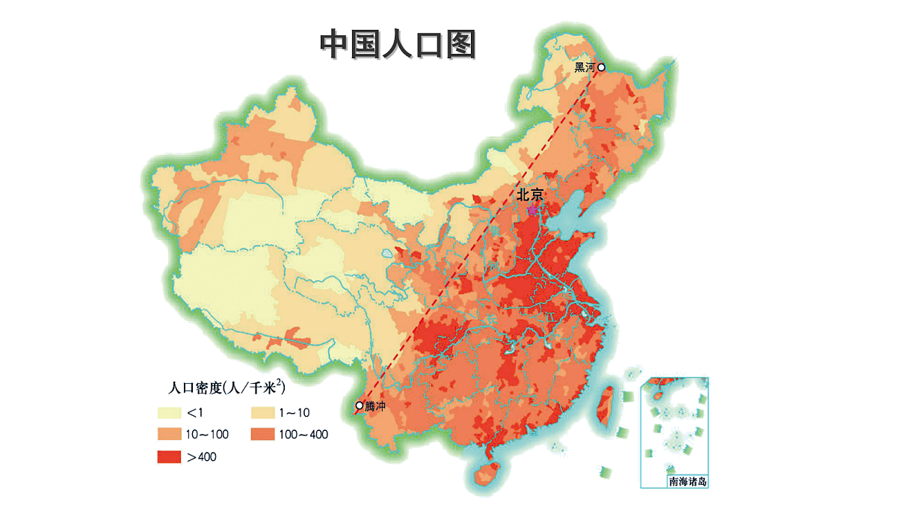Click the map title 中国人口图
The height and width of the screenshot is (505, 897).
tap(398, 45)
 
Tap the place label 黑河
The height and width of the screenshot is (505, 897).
tap(584, 67)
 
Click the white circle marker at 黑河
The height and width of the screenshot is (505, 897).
tap(600, 67)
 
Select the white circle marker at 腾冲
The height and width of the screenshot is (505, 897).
tap(360, 405)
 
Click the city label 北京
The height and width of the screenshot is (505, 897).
tap(530, 195)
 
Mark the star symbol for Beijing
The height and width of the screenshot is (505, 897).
tap(531, 211)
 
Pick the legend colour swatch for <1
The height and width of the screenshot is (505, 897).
tap(169, 412)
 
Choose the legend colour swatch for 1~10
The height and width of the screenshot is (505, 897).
tap(262, 412)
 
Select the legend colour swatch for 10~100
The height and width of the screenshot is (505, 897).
tap(169, 434)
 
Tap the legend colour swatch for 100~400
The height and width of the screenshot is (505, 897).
tap(262, 434)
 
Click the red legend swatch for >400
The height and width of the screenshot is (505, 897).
tap(169, 456)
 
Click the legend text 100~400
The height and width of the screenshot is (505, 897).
tap(303, 434)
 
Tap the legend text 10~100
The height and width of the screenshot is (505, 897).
tap(206, 434)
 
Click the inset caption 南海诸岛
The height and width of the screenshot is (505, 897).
tap(687, 481)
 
